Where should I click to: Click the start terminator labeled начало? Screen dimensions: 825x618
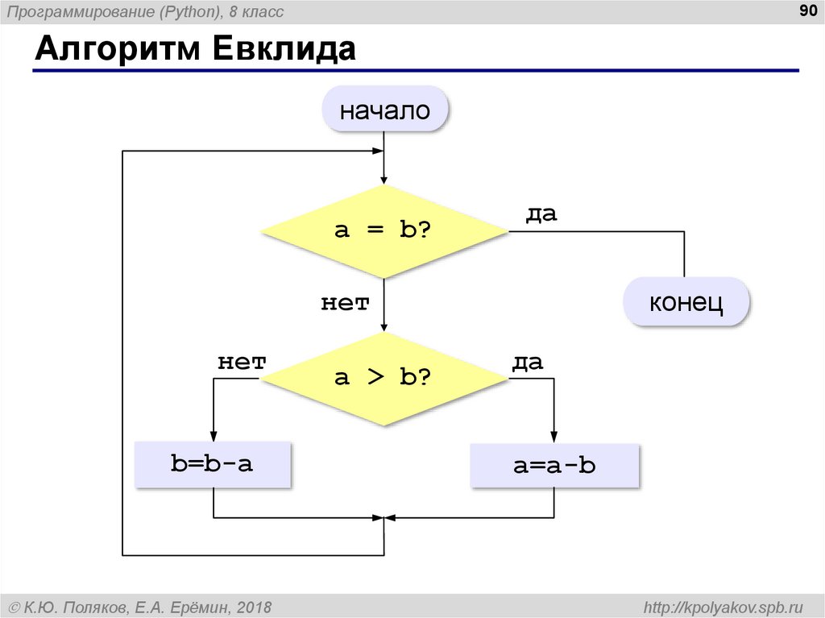tap(384, 109)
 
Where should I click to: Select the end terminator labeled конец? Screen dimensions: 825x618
tap(686, 301)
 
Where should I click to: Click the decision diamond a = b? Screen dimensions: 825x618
tap(384, 231)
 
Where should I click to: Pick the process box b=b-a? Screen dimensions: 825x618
tap(213, 464)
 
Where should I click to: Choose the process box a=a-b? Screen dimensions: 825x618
tap(554, 466)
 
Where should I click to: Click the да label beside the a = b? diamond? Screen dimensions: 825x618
tap(541, 214)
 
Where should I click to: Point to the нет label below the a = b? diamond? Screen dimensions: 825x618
tap(345, 303)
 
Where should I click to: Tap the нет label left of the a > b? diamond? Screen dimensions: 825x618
tap(242, 362)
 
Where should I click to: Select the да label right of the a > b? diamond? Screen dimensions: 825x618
tap(528, 362)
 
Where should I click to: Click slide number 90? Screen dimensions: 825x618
tap(808, 10)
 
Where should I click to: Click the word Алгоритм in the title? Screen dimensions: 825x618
tap(118, 49)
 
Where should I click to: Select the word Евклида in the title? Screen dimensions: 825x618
tap(284, 49)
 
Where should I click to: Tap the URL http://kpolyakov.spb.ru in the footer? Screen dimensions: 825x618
tap(723, 608)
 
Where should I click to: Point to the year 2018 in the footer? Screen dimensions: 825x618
tap(254, 608)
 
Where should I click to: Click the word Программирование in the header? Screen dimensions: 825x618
tap(83, 12)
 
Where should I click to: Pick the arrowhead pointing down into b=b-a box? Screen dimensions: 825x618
tap(213, 436)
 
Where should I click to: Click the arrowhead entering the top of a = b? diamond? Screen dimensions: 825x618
tap(384, 178)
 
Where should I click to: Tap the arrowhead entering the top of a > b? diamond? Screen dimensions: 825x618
tap(384, 326)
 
